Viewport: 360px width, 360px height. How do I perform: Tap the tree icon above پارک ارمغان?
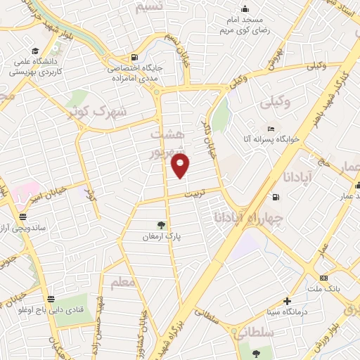(162, 225)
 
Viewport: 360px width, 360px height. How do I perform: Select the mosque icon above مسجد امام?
(244, 9)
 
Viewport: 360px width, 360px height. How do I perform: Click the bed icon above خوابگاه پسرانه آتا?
(271, 129)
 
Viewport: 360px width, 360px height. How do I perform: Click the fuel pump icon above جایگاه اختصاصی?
(134, 58)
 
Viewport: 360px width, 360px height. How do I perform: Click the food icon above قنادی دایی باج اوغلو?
(49, 299)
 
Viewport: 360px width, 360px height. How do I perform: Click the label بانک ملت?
(323, 289)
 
